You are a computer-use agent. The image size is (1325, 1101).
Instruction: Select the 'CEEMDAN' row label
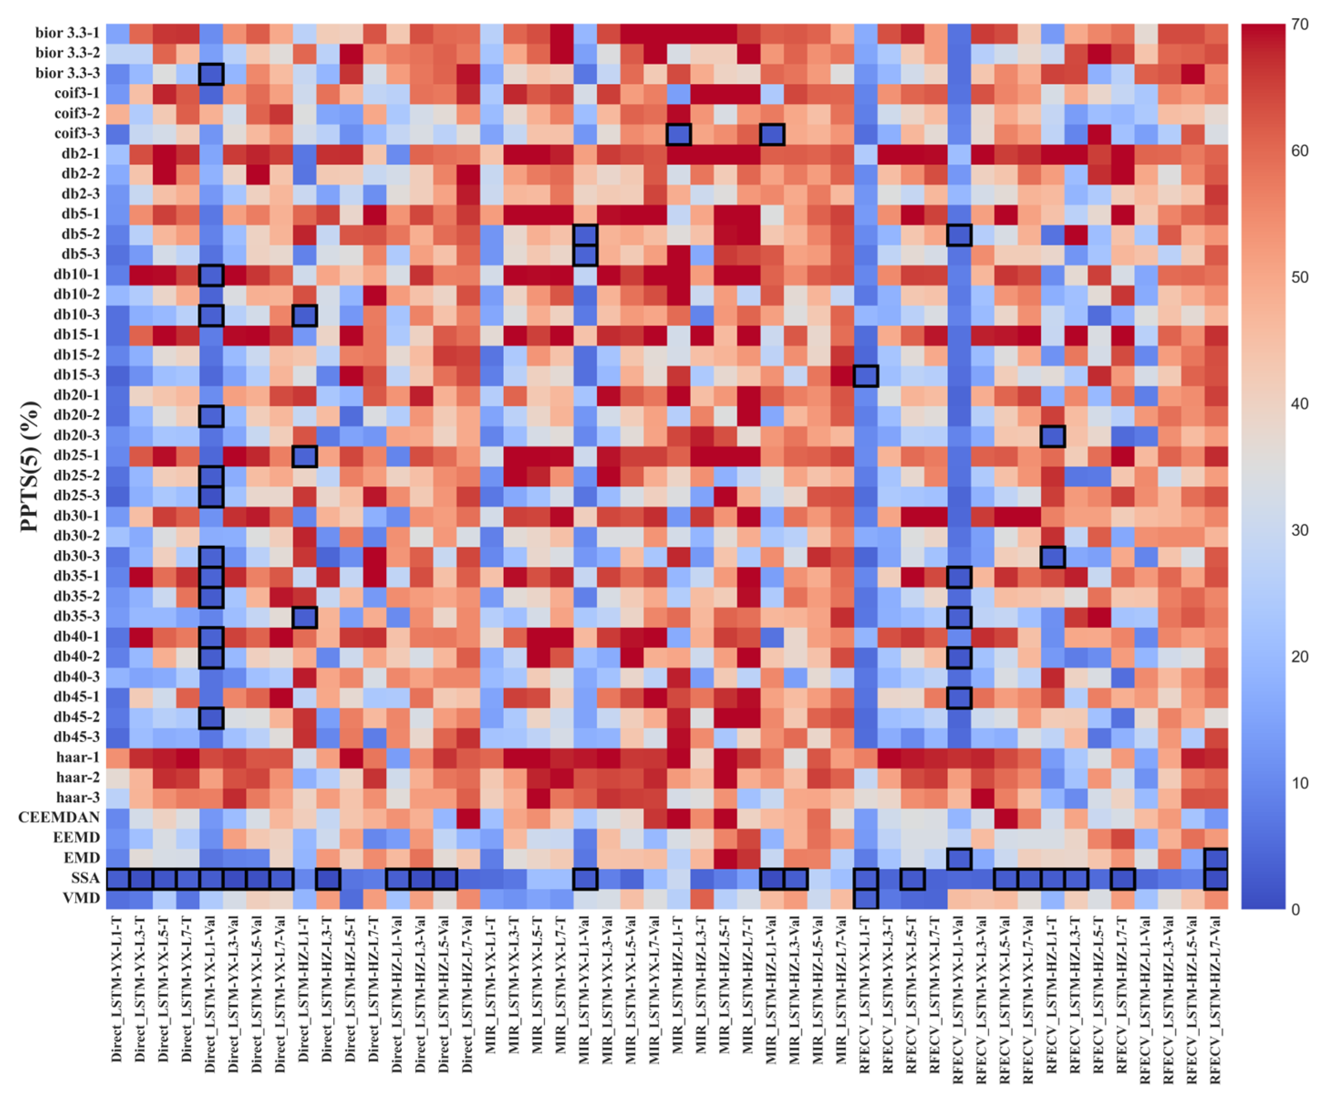point(59,817)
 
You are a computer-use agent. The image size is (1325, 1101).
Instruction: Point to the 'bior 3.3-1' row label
point(67,33)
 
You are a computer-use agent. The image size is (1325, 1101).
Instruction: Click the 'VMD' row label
point(82,897)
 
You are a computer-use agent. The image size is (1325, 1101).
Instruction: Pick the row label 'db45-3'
point(76,736)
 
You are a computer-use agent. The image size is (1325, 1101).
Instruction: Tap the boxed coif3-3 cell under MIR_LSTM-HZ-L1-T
point(678,134)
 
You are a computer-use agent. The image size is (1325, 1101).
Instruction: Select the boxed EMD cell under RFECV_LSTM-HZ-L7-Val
point(1216,858)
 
